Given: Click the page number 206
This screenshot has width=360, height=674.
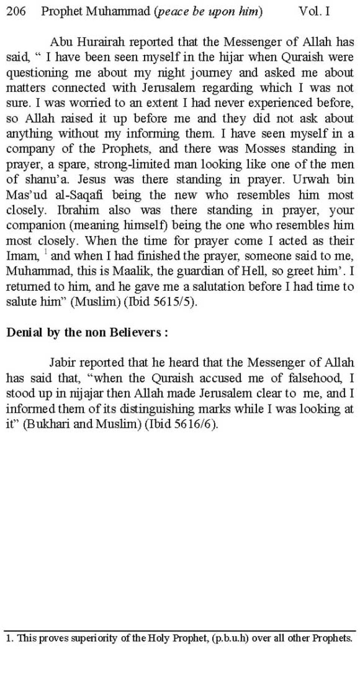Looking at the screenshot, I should click(x=16, y=11).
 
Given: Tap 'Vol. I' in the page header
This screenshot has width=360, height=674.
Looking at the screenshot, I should click(x=314, y=11).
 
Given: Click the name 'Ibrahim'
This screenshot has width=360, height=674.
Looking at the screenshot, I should click(x=79, y=210).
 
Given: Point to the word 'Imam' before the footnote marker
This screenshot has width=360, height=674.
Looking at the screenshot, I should click(x=22, y=256).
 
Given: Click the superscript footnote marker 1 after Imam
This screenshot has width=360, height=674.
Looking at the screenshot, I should click(x=45, y=253).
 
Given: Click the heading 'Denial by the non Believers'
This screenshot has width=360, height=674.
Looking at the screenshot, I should click(x=87, y=332).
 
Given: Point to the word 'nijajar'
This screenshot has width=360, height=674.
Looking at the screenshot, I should click(x=88, y=394).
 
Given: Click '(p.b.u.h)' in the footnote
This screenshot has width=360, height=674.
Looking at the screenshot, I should click(x=231, y=638).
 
